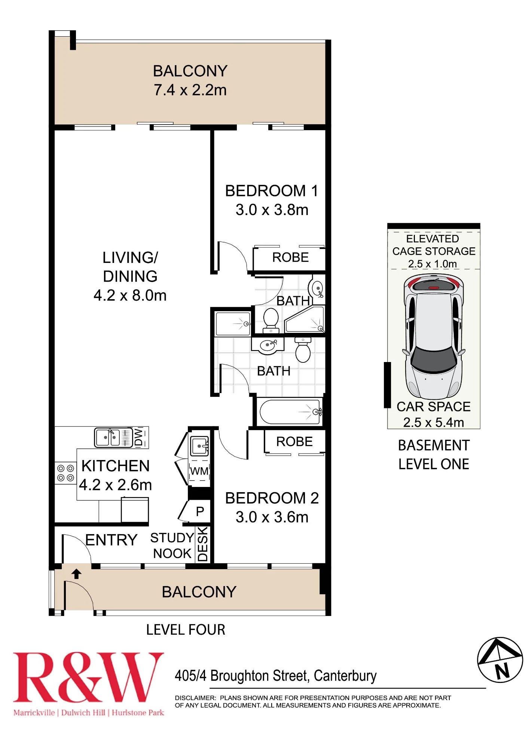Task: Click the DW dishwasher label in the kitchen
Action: (139, 437)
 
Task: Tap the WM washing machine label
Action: (199, 471)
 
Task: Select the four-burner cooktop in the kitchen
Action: (65, 473)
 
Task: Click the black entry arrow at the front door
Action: (77, 574)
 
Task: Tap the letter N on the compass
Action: (502, 671)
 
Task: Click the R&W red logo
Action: (88, 677)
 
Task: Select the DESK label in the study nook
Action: (202, 544)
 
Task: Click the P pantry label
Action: (200, 511)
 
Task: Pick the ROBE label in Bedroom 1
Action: (290, 257)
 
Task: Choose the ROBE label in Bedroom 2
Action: (294, 441)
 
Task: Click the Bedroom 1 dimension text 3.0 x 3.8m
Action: (272, 210)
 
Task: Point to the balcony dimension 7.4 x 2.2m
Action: (190, 90)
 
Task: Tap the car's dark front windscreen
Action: (434, 359)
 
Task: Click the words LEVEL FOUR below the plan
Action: (186, 630)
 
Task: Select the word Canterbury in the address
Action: (345, 676)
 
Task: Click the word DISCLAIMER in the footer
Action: (195, 698)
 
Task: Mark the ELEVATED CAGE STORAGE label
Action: (434, 245)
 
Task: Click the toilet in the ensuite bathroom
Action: (271, 320)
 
